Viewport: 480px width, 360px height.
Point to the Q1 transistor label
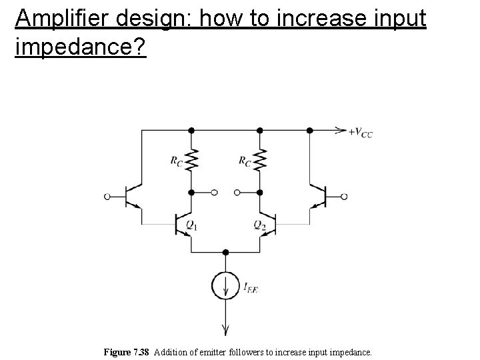191,225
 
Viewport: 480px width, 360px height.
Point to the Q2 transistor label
260,225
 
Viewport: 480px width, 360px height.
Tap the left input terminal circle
107,197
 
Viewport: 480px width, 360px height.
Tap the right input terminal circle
345,197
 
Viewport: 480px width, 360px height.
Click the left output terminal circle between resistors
215,193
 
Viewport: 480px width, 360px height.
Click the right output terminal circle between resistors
237,193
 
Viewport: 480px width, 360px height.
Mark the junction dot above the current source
226,253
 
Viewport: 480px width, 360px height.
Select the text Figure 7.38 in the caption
127,351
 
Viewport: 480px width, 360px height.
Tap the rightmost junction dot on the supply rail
310,130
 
